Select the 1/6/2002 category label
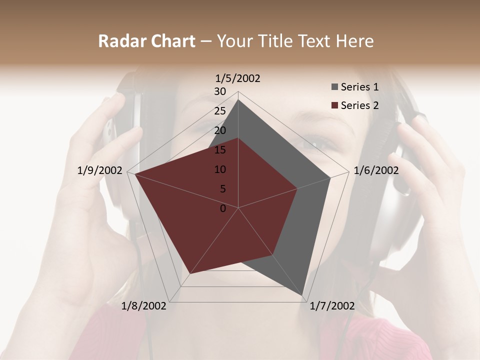click(376, 170)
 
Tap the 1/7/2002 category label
click(332, 305)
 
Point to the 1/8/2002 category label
click(144, 305)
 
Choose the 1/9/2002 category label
click(100, 170)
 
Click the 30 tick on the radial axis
click(220, 91)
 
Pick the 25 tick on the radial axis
click(220, 111)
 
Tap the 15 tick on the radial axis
click(220, 150)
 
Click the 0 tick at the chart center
click(223, 208)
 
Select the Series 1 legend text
click(359, 87)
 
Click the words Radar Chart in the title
click(146, 41)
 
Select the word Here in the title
click(355, 41)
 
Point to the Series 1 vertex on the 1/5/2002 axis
click(238, 99)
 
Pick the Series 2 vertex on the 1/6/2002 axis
click(297, 188)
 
